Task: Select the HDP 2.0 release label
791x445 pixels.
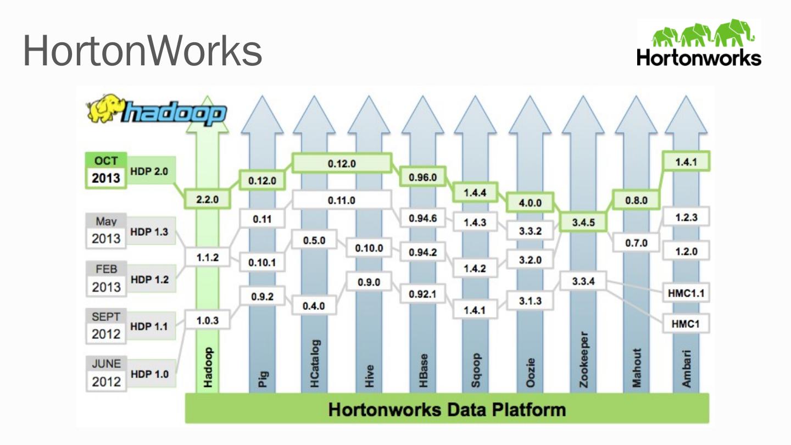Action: [x=149, y=171]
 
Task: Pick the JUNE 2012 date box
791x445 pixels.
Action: [x=106, y=374]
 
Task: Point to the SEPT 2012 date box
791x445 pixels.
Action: [x=106, y=326]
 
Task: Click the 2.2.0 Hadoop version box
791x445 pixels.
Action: [x=207, y=200]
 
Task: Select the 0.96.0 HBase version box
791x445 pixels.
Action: [x=422, y=177]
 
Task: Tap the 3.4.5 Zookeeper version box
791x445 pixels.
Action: [x=583, y=222]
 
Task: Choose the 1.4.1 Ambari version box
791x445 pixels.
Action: [x=686, y=162]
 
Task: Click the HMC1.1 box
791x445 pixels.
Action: [x=686, y=293]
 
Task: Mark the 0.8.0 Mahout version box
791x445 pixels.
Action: [x=637, y=201]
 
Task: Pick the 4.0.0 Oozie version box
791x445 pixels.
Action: [x=530, y=203]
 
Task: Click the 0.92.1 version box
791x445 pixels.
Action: [x=422, y=294]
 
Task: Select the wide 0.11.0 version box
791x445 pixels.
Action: [x=342, y=201]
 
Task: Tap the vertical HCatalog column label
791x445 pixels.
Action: [x=315, y=364]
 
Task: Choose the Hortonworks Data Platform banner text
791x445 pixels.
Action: [x=447, y=410]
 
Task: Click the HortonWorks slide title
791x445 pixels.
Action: [x=142, y=51]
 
